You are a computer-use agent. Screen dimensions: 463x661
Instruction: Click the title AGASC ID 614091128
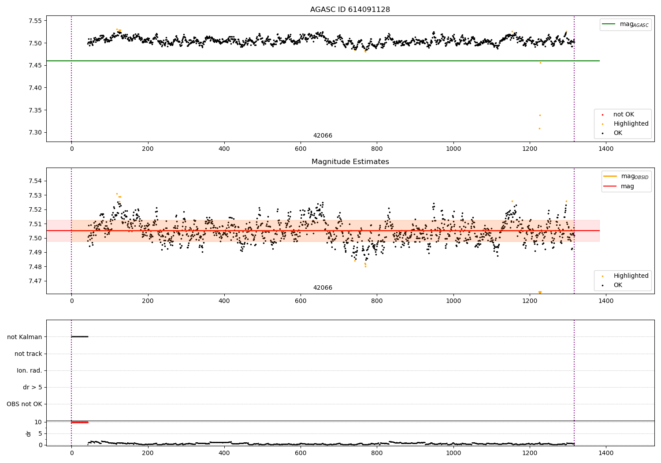(350, 10)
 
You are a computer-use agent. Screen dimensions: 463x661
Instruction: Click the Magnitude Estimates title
(350, 162)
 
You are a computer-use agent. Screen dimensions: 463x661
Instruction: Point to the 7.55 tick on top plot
(35, 21)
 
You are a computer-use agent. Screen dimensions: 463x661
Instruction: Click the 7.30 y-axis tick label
(35, 132)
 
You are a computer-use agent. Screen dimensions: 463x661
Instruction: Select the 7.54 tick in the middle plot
(35, 181)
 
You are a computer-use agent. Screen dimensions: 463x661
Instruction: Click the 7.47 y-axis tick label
(35, 281)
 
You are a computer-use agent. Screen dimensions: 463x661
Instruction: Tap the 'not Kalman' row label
(25, 337)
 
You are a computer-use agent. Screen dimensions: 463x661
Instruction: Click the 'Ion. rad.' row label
(30, 370)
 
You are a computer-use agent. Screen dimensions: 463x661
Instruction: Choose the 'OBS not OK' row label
(24, 404)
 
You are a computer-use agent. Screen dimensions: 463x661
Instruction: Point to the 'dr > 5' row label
(33, 387)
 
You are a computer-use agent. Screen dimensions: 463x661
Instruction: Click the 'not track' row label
(28, 354)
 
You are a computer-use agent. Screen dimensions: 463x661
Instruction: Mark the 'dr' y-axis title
(29, 433)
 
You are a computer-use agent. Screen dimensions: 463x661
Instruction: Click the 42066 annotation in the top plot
(323, 136)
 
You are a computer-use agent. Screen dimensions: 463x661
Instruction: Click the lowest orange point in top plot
(539, 128)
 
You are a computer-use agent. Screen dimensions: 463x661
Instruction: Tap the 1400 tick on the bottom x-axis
(606, 453)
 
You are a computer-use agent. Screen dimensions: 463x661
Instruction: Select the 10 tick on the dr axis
(38, 422)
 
